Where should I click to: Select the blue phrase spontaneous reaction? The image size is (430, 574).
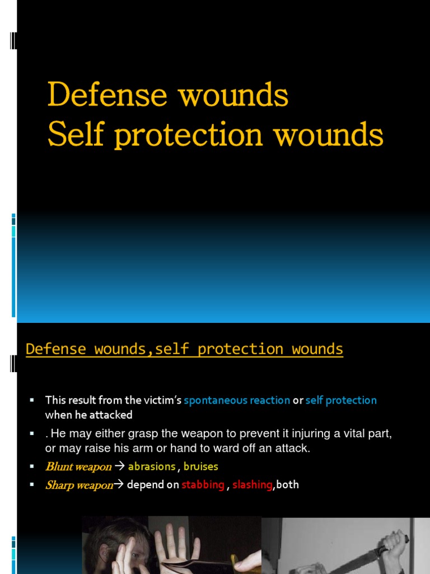point(237,400)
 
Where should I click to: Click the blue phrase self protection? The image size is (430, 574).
point(341,400)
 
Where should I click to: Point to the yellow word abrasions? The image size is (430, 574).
point(152,466)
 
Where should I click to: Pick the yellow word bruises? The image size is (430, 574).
point(201,466)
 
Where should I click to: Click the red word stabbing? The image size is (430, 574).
point(203,485)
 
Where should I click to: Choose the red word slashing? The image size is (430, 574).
point(252,485)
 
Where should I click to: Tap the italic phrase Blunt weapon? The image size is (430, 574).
point(78,467)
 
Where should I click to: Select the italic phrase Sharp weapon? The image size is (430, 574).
point(79,485)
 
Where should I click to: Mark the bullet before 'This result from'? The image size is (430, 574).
point(32,400)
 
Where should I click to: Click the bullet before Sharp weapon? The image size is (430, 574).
point(32,485)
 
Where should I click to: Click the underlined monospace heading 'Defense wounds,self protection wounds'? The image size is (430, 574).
point(184,349)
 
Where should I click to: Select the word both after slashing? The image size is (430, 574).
point(288,485)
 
